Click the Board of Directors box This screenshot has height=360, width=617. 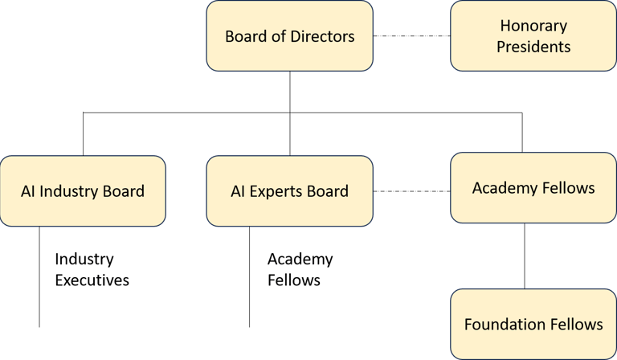coord(289,36)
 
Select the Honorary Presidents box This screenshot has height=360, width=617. coord(533,36)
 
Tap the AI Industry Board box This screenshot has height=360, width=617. coord(83,190)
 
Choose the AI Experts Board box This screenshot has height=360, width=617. coord(289,190)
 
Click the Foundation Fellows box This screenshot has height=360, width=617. coord(533,324)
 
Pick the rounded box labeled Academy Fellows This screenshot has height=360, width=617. coord(533,188)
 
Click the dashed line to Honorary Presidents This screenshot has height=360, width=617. coord(411,36)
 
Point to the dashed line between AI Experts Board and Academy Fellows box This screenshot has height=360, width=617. coord(411,190)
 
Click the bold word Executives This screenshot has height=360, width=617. coord(92,280)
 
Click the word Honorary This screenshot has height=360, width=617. coord(533,27)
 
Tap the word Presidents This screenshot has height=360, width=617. coord(533,46)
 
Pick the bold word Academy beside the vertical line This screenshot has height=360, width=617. coord(300,260)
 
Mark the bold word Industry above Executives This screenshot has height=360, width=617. coord(84,260)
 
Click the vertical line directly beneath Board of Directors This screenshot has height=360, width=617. coord(289,90)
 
